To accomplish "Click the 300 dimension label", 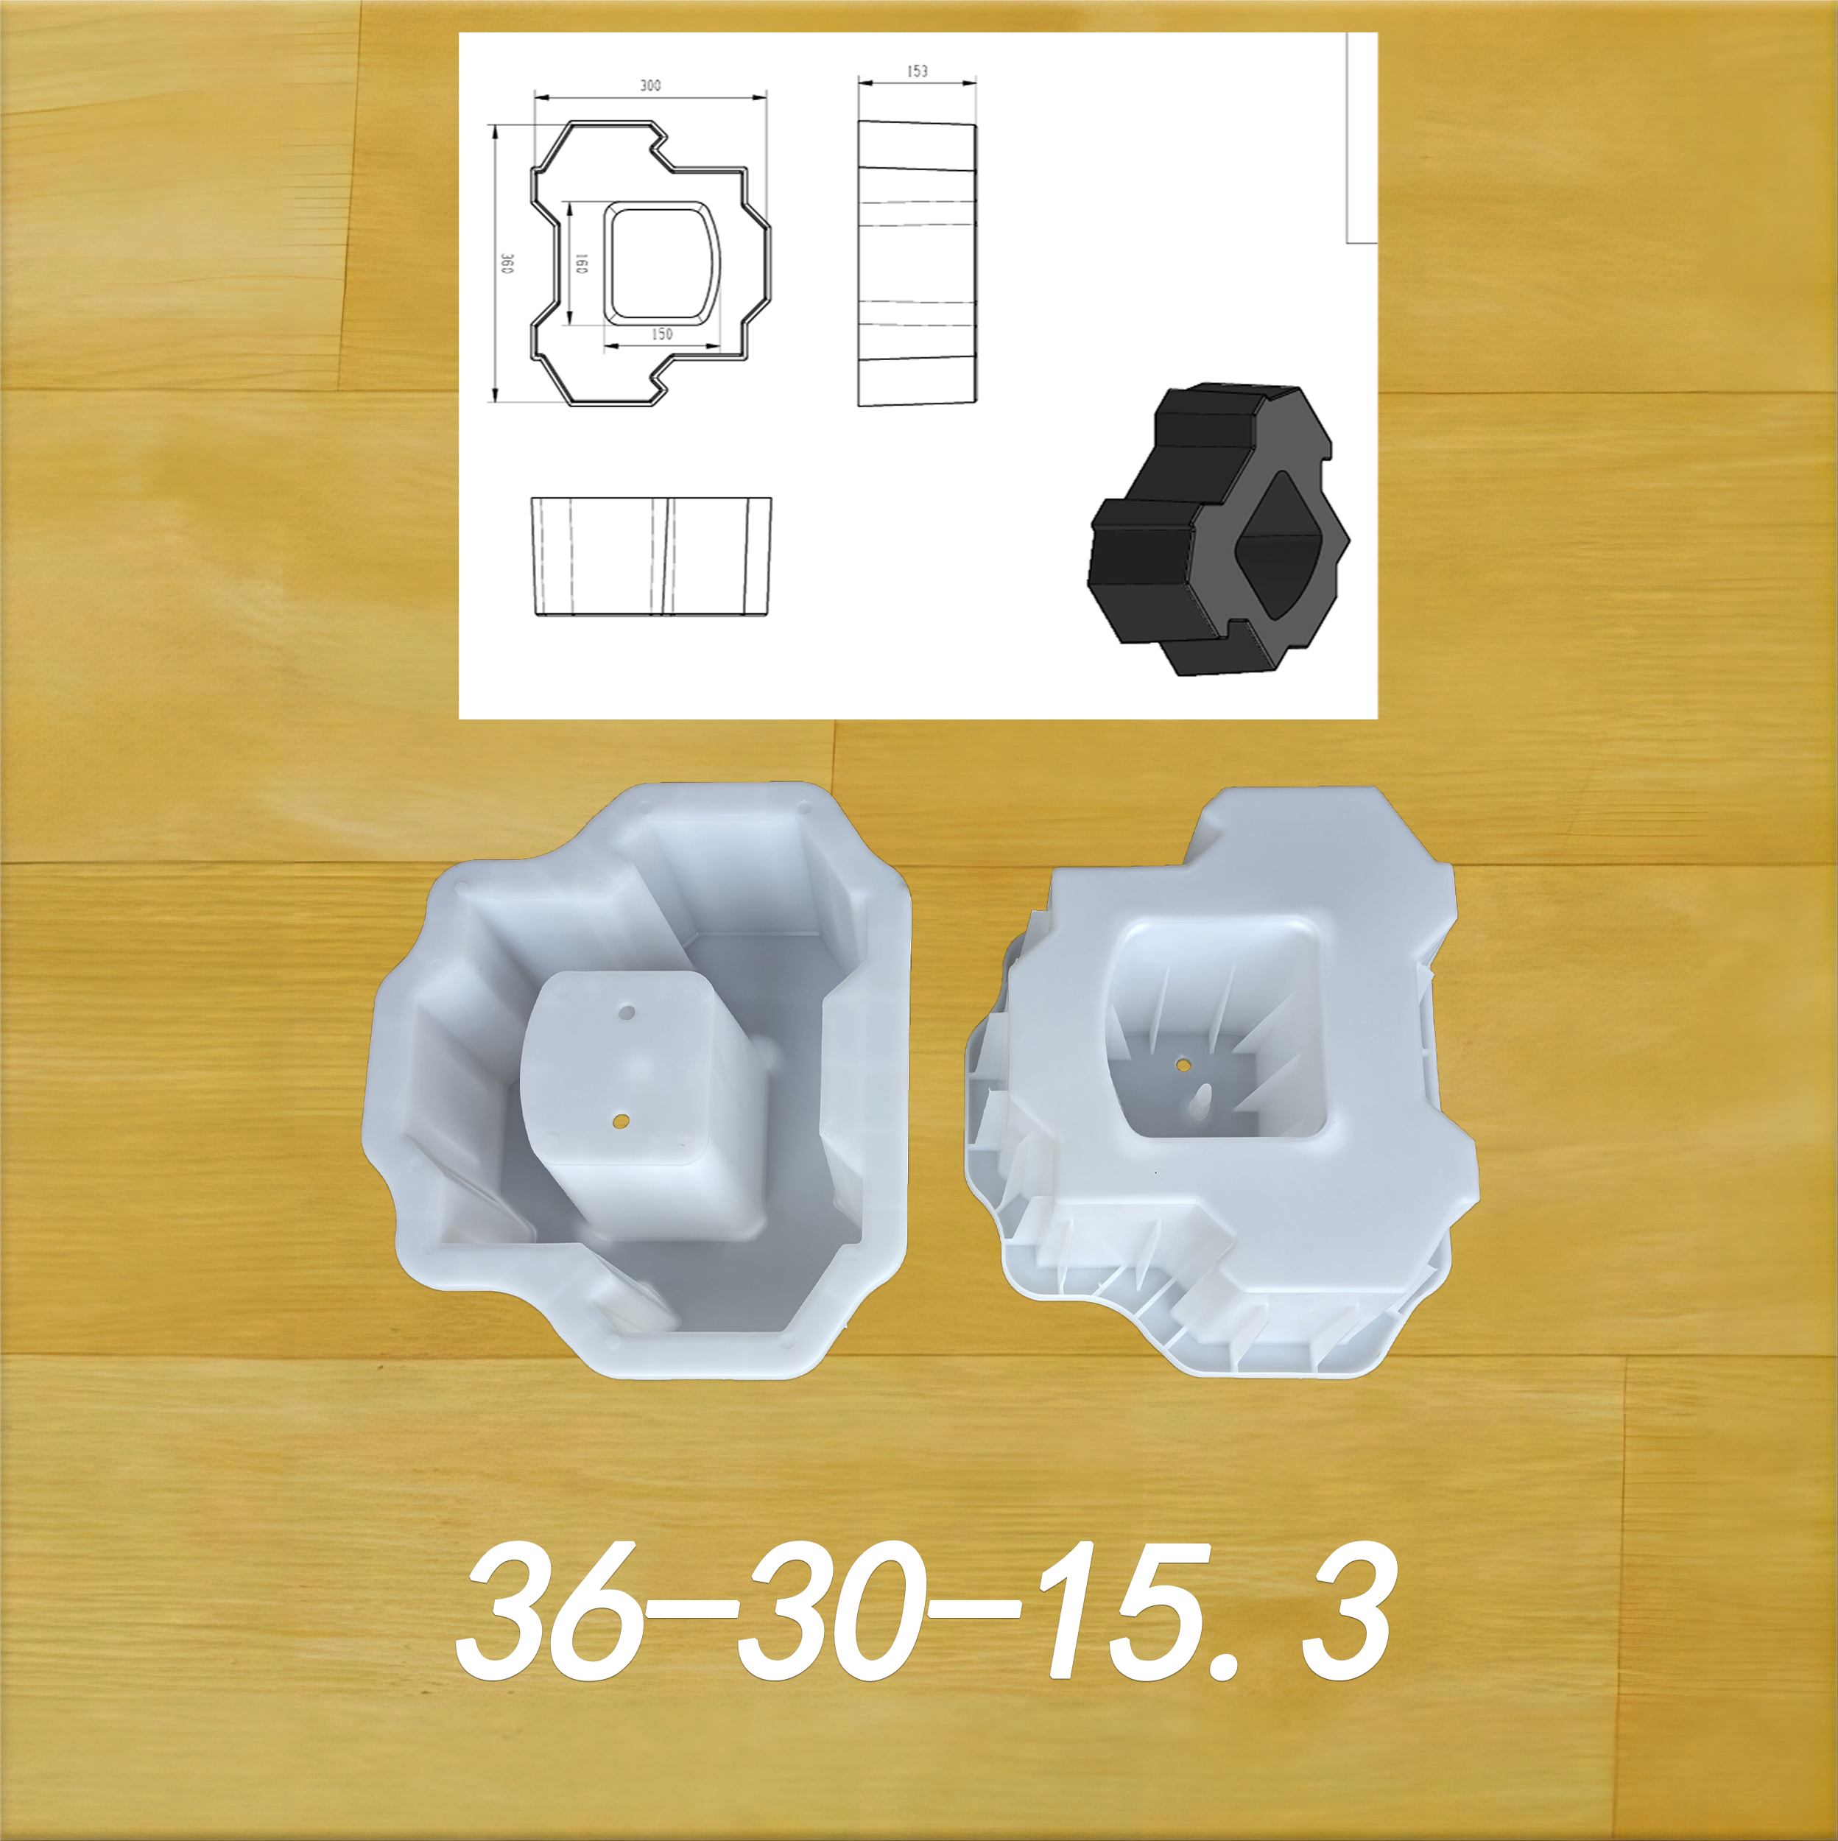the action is click(x=649, y=85).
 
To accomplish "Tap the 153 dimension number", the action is click(x=918, y=71).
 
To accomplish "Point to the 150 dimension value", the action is click(x=661, y=334).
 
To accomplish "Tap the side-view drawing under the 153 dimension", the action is click(x=918, y=264).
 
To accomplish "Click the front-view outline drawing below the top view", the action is click(x=651, y=557).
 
